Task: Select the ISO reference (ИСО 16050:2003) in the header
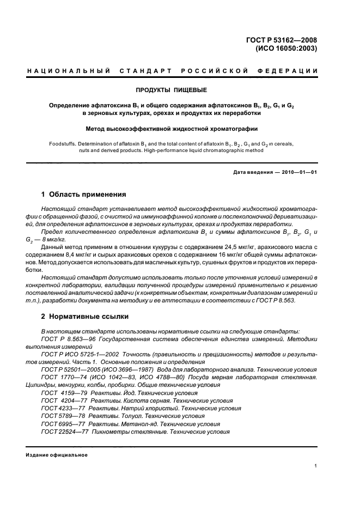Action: point(286,48)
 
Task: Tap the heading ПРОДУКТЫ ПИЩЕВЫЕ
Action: point(172,89)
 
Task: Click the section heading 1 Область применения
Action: point(84,194)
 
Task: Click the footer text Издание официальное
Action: point(57,455)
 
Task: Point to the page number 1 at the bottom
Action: point(316,465)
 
